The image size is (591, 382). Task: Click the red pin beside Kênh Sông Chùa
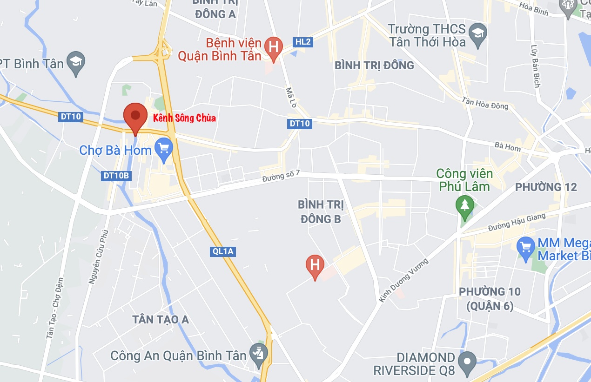[x=135, y=116]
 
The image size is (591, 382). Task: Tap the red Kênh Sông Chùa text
[x=185, y=118]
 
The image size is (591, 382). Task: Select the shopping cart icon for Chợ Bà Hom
[x=163, y=149]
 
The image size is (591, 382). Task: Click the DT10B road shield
[x=116, y=176]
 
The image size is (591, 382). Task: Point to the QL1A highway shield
[x=222, y=252]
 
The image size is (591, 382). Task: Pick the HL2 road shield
[x=303, y=42]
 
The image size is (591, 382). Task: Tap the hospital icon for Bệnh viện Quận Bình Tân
[x=273, y=47]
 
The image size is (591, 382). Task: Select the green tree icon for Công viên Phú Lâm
[x=464, y=204]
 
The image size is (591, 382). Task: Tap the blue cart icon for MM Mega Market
[x=526, y=246]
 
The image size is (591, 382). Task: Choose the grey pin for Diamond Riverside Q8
[x=467, y=361]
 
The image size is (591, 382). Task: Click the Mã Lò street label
[x=290, y=98]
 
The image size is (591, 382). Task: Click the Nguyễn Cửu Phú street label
[x=98, y=257]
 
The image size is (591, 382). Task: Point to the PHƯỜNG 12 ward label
[x=545, y=187]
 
